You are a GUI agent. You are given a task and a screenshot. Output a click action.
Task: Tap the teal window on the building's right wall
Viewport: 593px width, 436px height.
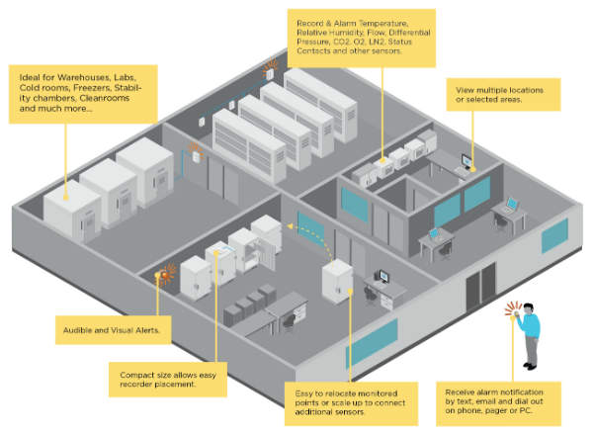pyautogui.click(x=553, y=235)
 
